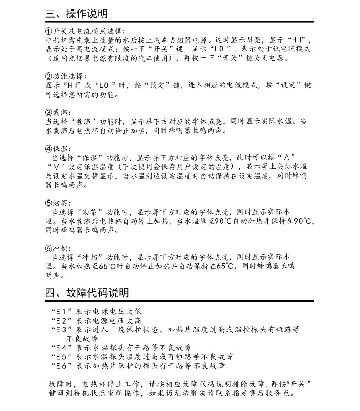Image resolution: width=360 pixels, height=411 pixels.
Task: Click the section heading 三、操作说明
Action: (77, 14)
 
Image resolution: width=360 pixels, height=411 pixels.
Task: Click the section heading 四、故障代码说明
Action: (87, 292)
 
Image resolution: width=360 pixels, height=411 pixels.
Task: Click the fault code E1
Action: (61, 312)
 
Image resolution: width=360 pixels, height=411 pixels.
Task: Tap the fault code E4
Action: (61, 347)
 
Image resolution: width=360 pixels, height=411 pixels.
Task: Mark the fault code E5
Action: (61, 356)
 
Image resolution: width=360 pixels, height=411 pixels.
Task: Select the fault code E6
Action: (61, 365)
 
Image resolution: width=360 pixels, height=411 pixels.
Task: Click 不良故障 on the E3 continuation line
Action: (82, 339)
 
